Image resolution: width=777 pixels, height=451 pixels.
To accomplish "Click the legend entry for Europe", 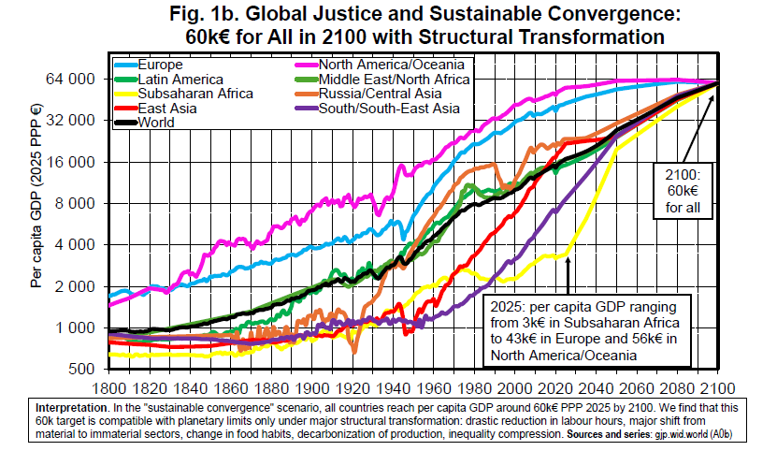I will click(160, 65).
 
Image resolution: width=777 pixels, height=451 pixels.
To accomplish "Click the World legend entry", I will click(158, 122).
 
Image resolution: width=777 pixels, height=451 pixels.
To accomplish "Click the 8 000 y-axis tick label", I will click(77, 203).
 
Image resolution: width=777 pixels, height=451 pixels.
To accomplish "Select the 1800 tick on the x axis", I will click(108, 387).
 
